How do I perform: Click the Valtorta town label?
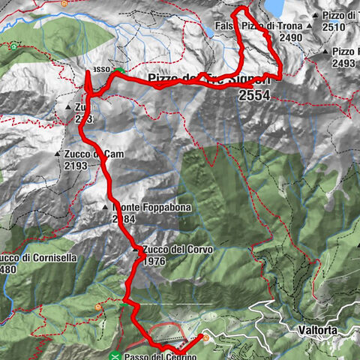coord(314,328)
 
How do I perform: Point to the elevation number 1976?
coord(153,261)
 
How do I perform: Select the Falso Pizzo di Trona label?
coord(258,25)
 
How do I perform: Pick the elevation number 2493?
coord(343,63)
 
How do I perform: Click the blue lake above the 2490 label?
coord(273,7)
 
